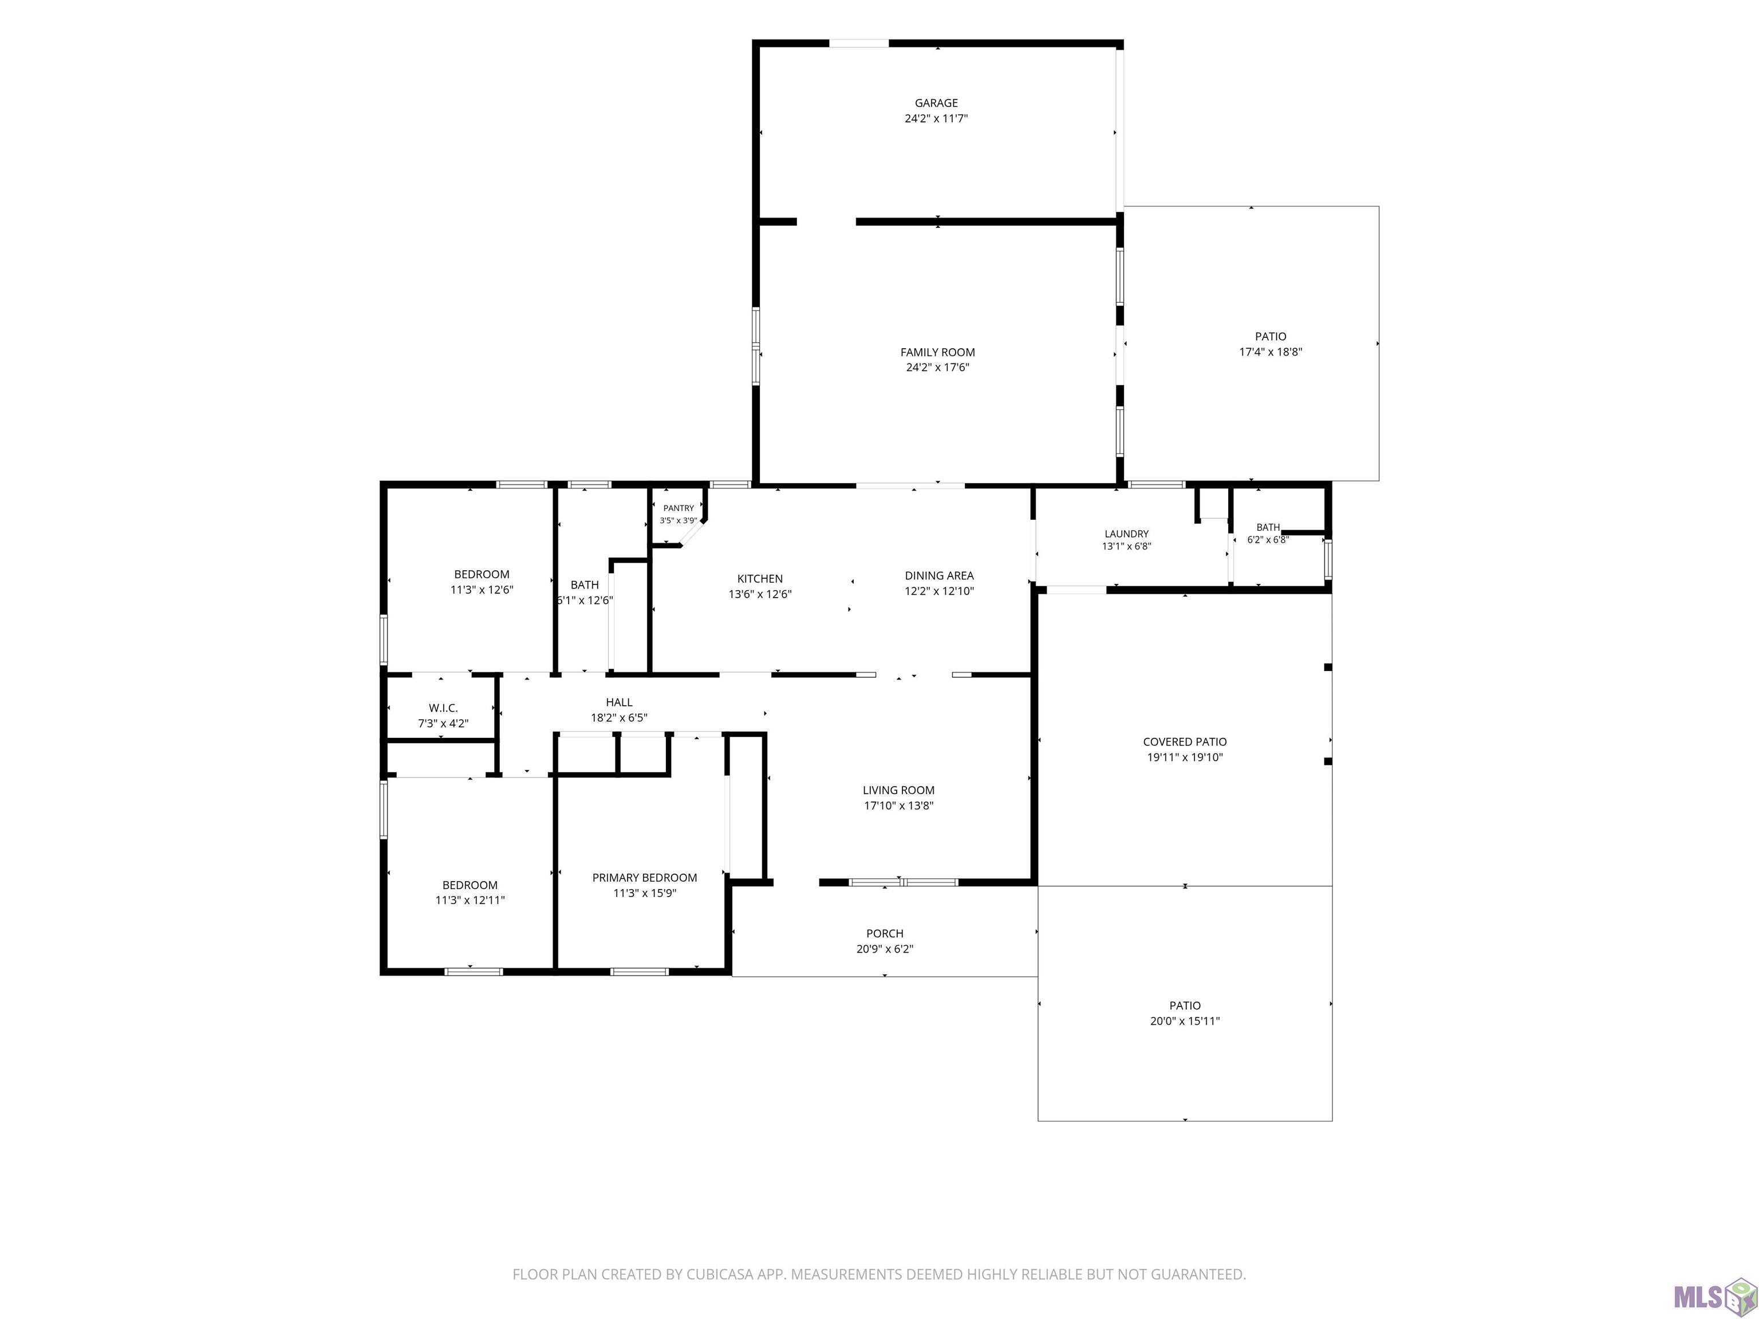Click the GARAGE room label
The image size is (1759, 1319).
pos(936,102)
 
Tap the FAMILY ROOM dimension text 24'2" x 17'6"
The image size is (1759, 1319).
pos(937,368)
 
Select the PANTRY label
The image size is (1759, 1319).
pos(679,508)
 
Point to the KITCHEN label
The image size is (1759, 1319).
pos(759,579)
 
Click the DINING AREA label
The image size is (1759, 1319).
pos(939,575)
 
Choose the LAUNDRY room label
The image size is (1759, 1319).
pos(1127,534)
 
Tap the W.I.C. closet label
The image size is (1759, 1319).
pos(443,708)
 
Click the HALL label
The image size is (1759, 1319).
pos(618,702)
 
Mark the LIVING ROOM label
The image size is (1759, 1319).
pos(898,789)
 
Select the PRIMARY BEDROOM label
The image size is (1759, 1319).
pos(644,878)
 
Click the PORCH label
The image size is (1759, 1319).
pos(884,933)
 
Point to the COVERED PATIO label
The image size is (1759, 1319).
pos(1185,742)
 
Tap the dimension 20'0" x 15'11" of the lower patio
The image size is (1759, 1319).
pos(1185,1021)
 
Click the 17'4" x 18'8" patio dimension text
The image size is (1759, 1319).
pos(1271,352)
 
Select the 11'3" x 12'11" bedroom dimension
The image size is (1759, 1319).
pos(470,900)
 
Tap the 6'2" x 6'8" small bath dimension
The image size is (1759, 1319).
pos(1268,539)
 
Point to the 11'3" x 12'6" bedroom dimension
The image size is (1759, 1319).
pos(482,590)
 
